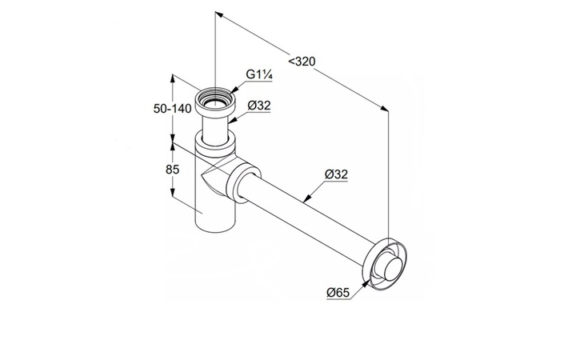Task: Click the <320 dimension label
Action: click(302, 62)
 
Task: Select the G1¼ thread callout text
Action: click(259, 74)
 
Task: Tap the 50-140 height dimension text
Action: click(172, 108)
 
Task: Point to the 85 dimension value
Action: click(172, 169)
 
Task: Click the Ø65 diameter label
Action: click(338, 292)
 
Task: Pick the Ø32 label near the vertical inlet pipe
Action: click(259, 106)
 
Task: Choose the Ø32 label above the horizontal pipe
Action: click(336, 174)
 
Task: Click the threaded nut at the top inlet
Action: click(214, 102)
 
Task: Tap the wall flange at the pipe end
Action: click(385, 264)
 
